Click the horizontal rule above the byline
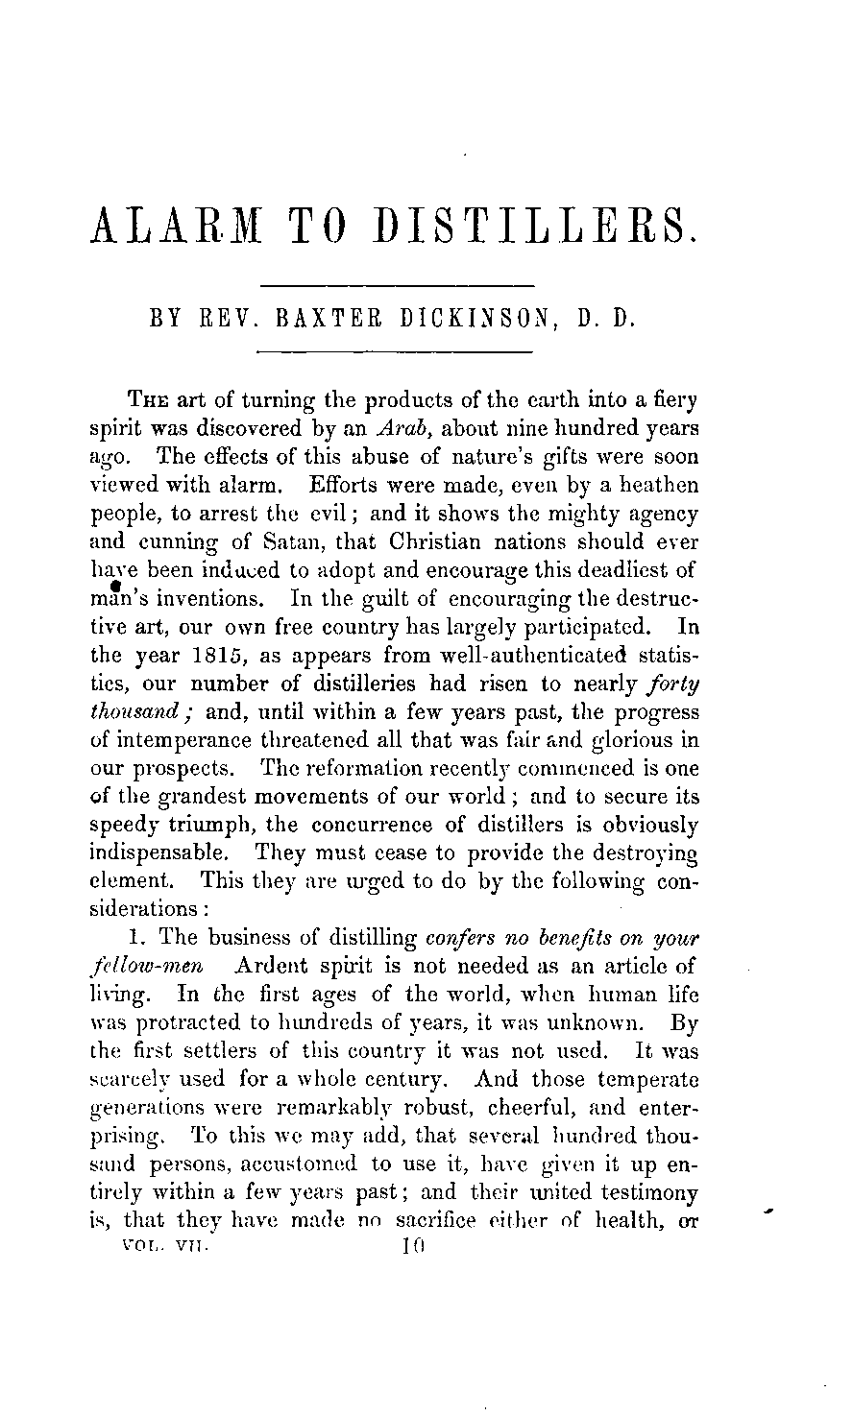[398, 285]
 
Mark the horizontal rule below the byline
[398, 350]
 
